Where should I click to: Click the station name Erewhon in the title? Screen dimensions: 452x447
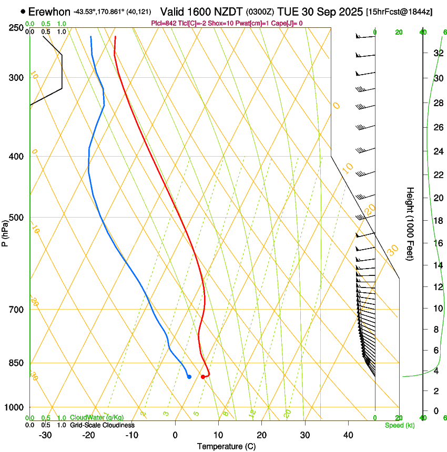click(49, 12)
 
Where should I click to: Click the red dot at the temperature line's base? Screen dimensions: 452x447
click(203, 376)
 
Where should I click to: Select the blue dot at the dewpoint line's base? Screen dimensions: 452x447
click(189, 376)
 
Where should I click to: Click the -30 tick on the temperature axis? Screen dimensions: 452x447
click(45, 435)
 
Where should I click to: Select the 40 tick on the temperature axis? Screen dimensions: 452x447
click(348, 435)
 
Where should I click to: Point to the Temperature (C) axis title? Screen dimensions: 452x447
click(226, 446)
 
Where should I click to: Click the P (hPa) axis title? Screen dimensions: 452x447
click(5, 232)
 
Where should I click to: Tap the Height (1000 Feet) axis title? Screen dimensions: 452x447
click(410, 223)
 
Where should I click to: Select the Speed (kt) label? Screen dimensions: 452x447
click(400, 425)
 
